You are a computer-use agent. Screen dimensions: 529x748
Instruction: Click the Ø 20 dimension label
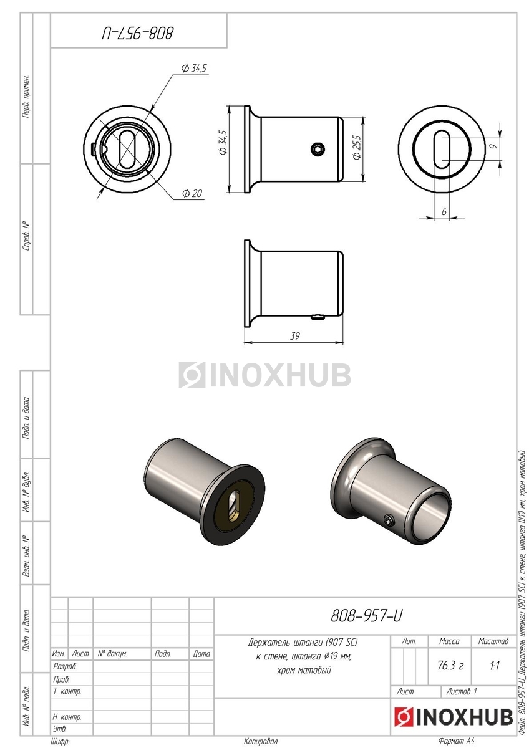[192, 193]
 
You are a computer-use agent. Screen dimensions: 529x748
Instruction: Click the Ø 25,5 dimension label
[357, 147]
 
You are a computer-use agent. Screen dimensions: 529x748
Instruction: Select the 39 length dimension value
[294, 336]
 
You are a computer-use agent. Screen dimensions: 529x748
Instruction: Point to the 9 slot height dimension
[494, 146]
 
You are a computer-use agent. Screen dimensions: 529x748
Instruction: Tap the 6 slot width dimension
[444, 212]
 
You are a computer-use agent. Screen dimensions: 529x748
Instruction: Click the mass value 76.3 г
[450, 666]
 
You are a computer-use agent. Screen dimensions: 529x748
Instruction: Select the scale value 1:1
[494, 666]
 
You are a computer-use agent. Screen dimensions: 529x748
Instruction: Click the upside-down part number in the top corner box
[138, 34]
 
